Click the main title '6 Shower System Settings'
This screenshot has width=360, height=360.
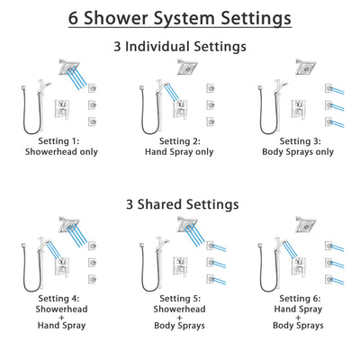180,18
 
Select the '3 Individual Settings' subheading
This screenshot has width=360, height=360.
180,44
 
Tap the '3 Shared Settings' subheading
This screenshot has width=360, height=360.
180,204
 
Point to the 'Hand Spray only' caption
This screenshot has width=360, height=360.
180,153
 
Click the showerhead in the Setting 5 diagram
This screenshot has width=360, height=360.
187,224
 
